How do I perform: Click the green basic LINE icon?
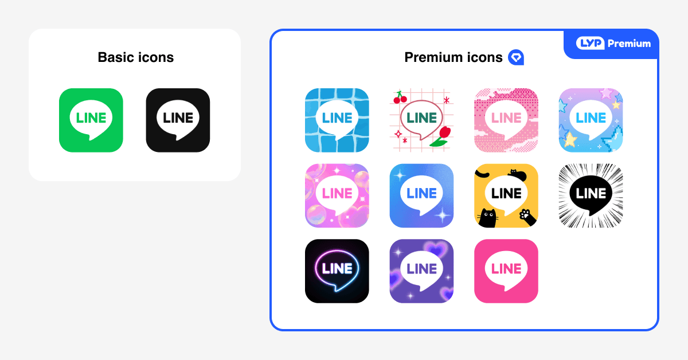pos(91,120)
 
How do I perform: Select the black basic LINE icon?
pos(178,120)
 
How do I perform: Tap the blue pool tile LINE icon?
pos(337,120)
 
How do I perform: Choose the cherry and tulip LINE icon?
pos(421,120)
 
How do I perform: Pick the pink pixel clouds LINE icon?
pos(506,120)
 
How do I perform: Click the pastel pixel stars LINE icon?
pos(591,120)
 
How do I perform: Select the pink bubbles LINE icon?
pos(337,195)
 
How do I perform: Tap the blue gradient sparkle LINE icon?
pos(421,195)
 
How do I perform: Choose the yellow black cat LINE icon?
pos(506,195)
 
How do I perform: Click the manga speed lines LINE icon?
pos(591,195)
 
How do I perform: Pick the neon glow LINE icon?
pos(337,271)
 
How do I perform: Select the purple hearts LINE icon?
pos(421,271)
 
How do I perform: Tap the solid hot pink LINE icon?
pos(506,271)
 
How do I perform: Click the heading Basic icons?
pos(135,57)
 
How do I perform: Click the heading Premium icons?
pos(453,57)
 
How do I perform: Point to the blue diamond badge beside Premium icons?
pos(516,57)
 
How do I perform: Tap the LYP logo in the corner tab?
pos(590,44)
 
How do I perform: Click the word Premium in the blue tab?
pos(629,44)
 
